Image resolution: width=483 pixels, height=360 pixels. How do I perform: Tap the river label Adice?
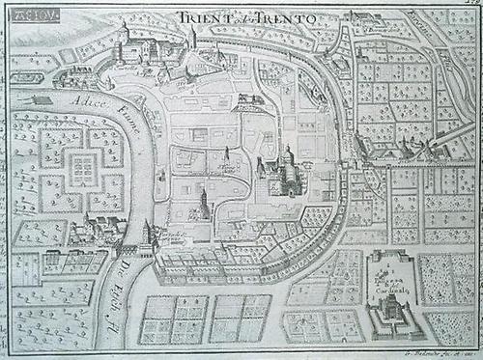[82, 99]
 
